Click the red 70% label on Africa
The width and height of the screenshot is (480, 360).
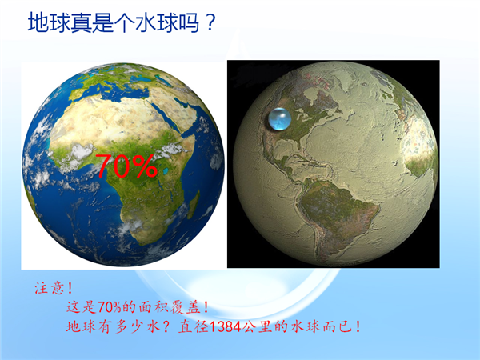[126, 166]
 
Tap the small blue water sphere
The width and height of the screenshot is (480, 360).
[279, 119]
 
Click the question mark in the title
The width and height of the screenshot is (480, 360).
[210, 22]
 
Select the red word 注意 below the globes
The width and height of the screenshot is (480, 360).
[49, 288]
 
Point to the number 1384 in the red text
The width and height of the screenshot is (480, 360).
[226, 327]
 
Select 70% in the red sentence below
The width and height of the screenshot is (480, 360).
[110, 307]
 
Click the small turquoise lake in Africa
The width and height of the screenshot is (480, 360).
[166, 171]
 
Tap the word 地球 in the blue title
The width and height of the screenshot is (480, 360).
[49, 22]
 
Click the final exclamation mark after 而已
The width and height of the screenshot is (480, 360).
[358, 327]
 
